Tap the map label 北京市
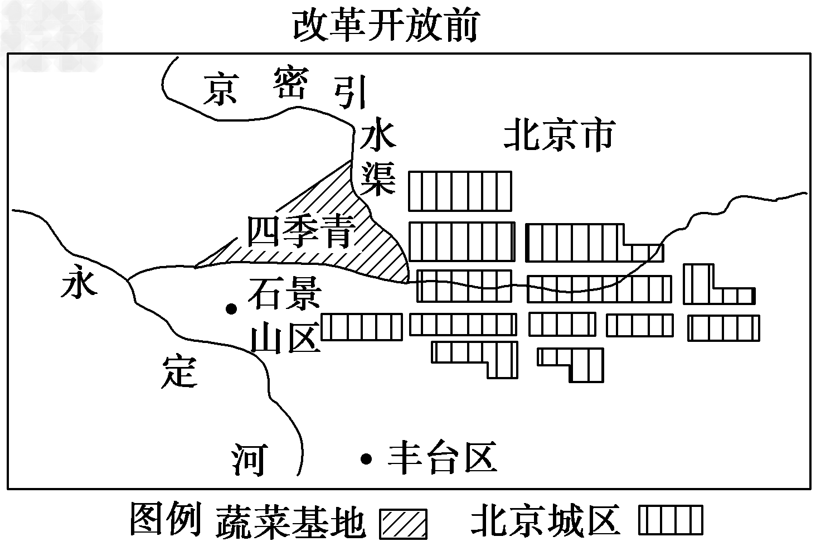point(559,136)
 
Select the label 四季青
point(301,232)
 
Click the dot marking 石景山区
point(230,308)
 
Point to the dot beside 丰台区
point(366,458)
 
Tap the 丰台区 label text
point(442,458)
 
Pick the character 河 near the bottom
point(249,459)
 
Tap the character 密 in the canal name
point(290,84)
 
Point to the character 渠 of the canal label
point(378,178)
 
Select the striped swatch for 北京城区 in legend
point(670,520)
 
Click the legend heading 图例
point(166,519)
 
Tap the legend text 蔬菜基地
point(290,521)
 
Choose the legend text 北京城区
point(545,520)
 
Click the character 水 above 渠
point(377,137)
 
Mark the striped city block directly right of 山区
point(361,327)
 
